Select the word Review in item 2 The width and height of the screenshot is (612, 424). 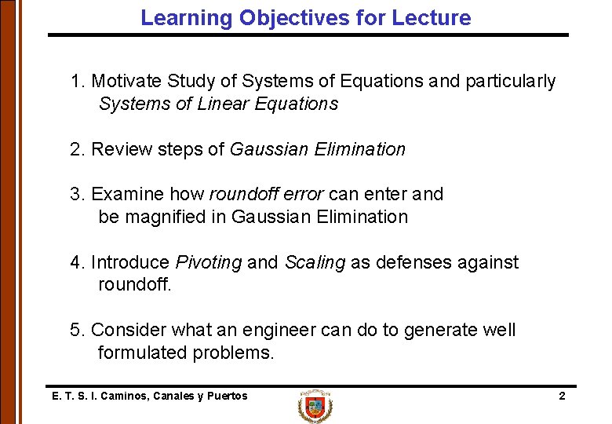tap(118, 149)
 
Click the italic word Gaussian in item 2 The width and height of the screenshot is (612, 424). tap(264, 149)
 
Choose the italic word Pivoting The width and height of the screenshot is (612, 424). tap(209, 262)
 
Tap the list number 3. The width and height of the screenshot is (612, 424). tap(75, 194)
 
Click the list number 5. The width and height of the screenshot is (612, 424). tap(75, 330)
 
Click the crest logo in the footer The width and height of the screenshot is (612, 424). tap(315, 407)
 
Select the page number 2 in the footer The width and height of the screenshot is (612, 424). tap(562, 396)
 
